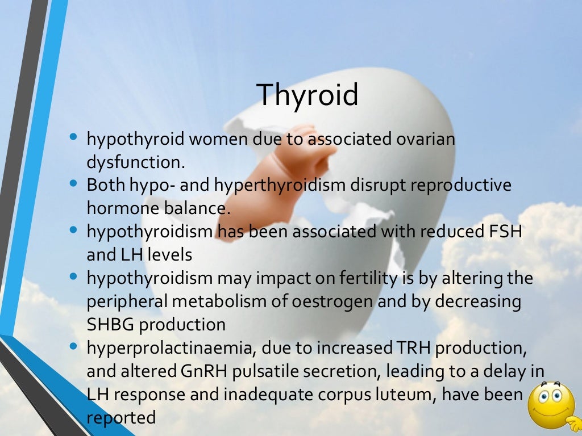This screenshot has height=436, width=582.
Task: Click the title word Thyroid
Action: click(307, 94)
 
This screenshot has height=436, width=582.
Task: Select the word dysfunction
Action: click(136, 162)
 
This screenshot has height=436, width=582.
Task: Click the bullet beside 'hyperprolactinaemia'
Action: click(73, 347)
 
